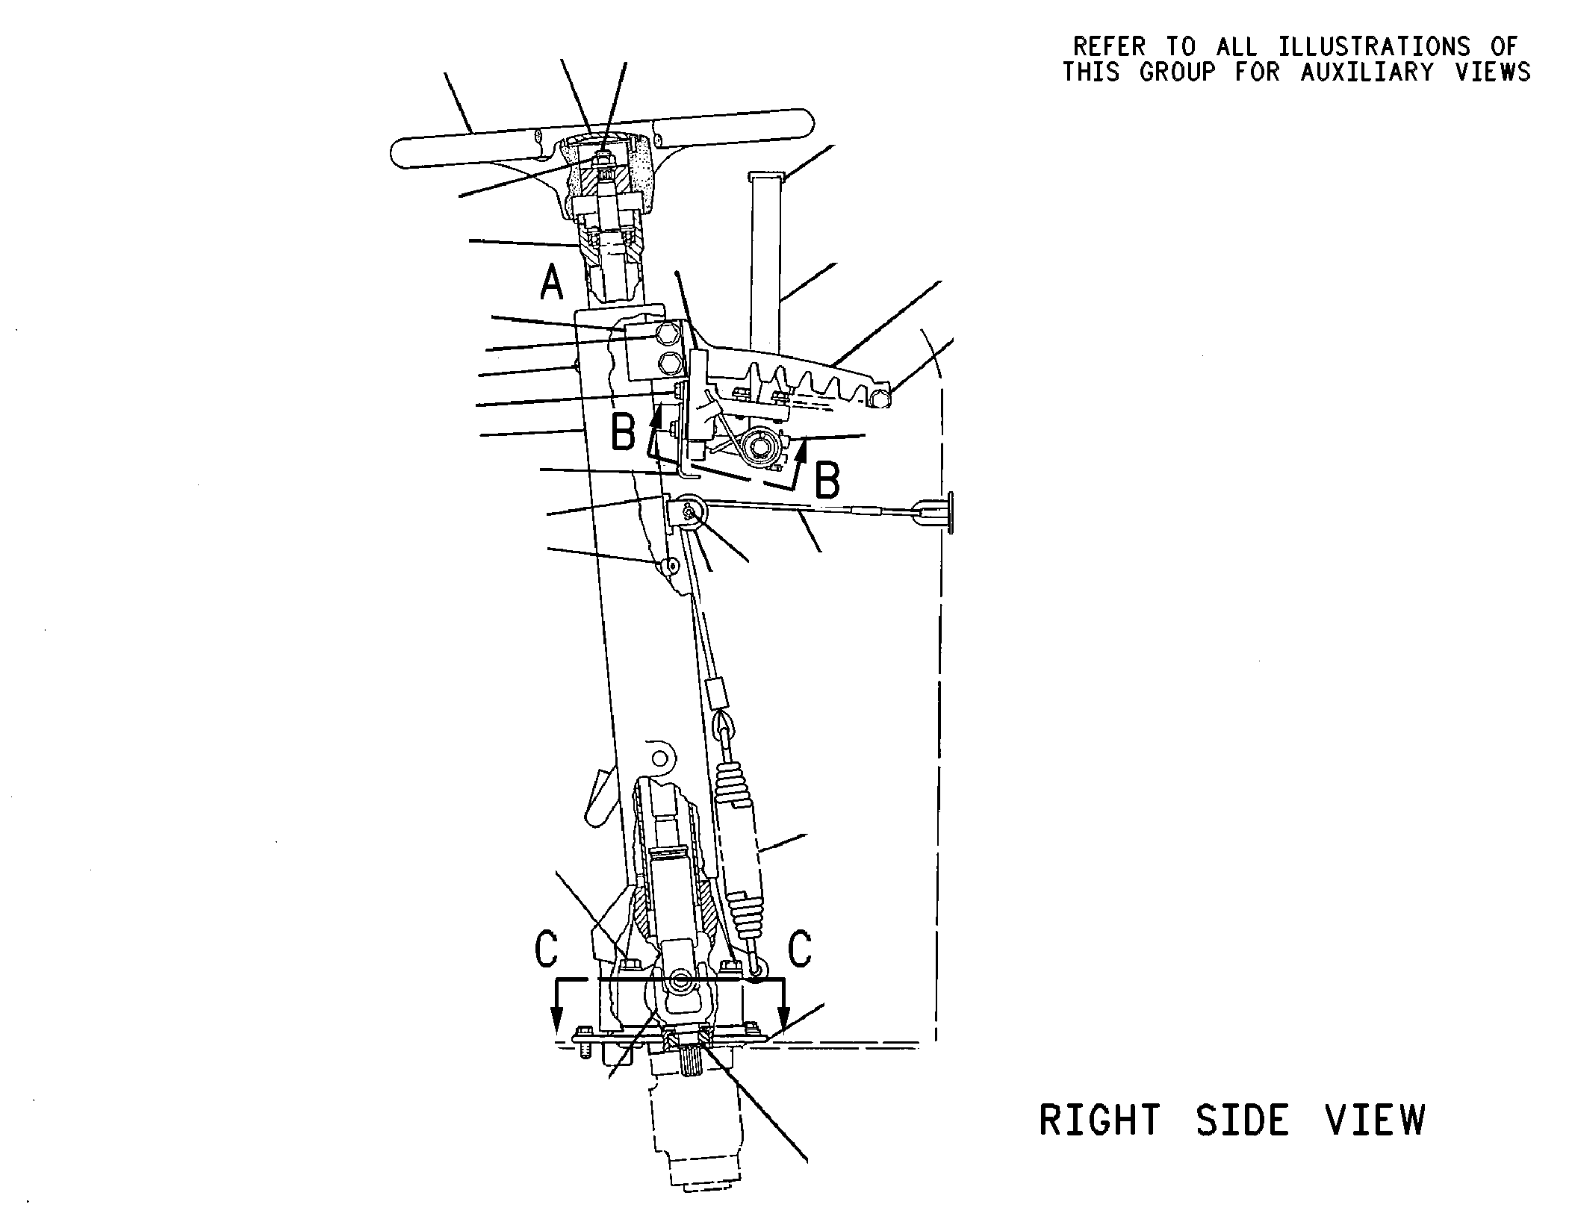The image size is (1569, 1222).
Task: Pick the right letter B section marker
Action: (x=827, y=480)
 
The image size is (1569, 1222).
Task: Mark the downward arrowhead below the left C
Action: (x=556, y=1016)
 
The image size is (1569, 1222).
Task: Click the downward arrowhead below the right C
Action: (x=783, y=1016)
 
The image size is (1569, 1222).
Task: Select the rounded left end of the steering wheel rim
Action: (x=400, y=152)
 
